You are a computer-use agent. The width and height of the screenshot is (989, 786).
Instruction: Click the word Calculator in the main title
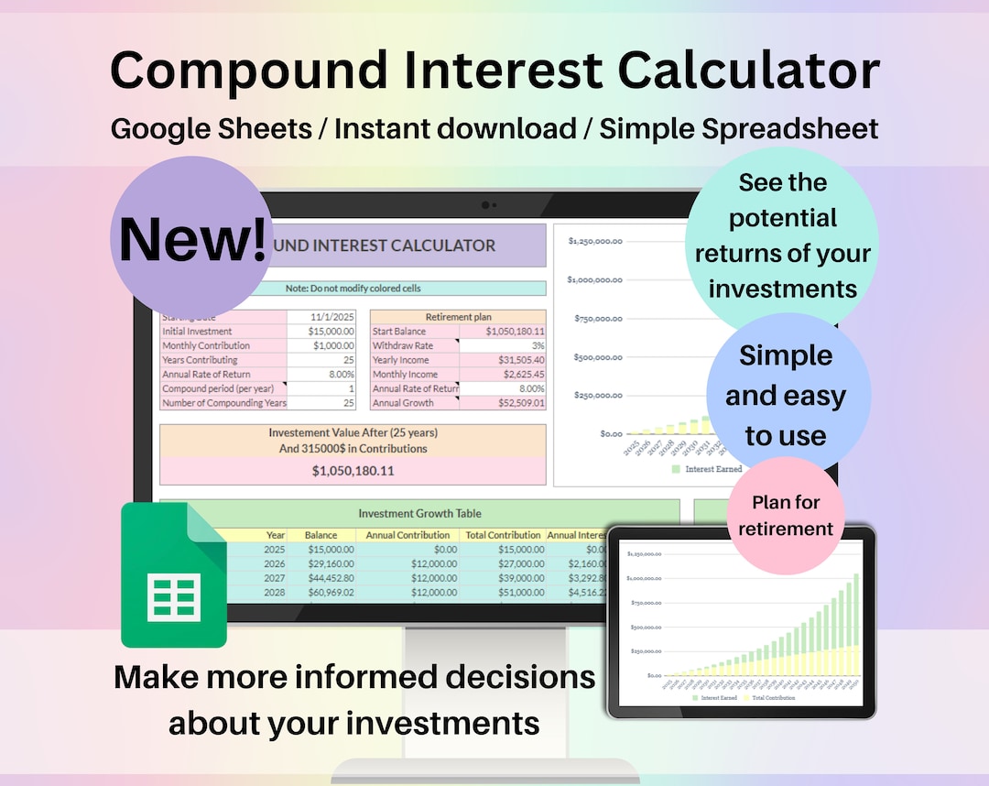(749, 71)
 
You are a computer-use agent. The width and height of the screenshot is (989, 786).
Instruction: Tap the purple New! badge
(191, 238)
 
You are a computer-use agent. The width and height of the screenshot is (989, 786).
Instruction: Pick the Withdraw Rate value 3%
(503, 345)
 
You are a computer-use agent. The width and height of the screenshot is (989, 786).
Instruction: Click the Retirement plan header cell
(458, 317)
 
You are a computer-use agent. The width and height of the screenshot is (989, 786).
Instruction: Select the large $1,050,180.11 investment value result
(353, 470)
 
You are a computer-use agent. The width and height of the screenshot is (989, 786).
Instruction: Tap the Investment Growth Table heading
(419, 514)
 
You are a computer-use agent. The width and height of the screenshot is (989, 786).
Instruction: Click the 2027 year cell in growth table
(274, 578)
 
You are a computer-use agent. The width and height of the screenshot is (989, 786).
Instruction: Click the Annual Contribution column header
(408, 535)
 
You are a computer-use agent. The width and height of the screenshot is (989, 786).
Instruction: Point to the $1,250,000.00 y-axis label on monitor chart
(595, 241)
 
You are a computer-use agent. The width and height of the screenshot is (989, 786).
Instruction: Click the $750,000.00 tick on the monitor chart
(597, 319)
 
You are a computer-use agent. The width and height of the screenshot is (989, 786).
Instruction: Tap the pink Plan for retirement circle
(786, 516)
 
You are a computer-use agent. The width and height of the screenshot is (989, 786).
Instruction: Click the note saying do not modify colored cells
(353, 288)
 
